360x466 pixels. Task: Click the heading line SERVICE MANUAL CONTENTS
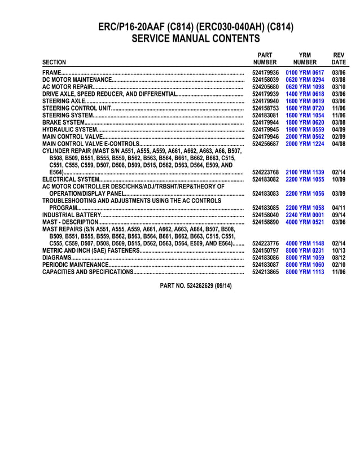(195, 39)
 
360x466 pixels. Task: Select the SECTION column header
(54, 63)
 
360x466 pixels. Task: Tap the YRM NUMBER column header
(305, 59)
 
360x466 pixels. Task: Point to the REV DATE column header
(339, 59)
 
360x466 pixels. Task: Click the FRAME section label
(52, 73)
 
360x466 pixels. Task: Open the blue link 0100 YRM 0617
(305, 73)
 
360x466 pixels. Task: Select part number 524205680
(265, 87)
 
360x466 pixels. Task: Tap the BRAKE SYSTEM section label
(64, 122)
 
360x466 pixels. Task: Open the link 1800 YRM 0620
(305, 122)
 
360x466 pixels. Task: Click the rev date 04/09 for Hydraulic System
(339, 129)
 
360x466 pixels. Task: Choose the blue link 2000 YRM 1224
(305, 144)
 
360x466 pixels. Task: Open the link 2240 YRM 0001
(305, 215)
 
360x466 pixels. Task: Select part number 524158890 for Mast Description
(265, 222)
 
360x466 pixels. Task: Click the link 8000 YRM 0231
(305, 250)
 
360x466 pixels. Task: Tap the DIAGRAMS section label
(57, 258)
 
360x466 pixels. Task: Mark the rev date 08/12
(339, 258)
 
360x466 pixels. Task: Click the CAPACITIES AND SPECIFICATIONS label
(87, 272)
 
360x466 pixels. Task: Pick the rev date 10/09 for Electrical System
(339, 179)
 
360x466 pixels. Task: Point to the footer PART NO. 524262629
(196, 286)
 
